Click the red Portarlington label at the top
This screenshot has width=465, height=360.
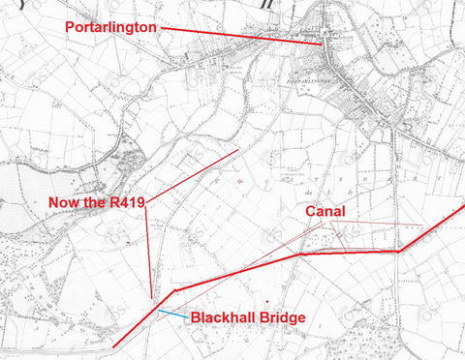point(110,27)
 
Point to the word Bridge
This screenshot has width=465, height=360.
point(282,317)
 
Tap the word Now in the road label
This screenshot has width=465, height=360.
point(64,201)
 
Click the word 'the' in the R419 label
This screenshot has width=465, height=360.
point(93,201)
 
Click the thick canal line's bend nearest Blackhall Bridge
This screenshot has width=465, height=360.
point(174,289)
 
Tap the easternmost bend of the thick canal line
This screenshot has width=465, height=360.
point(399,252)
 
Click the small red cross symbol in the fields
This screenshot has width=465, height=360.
point(240,181)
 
